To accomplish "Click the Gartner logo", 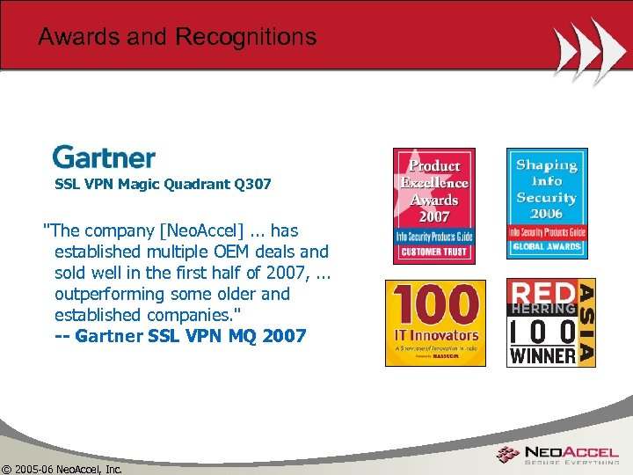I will click(104, 157).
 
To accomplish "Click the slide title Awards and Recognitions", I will click(177, 37).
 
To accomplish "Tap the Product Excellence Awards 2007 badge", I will click(433, 206).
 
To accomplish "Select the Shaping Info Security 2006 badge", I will click(546, 203).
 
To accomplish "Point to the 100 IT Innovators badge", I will click(434, 322).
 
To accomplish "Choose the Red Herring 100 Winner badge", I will click(550, 322).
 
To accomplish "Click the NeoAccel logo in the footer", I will click(557, 455).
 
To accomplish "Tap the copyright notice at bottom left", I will click(62, 468).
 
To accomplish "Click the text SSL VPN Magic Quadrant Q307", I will click(163, 185).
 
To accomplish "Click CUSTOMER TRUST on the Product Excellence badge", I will click(433, 252).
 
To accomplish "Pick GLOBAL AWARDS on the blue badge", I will click(546, 247).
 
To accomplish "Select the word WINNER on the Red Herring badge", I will click(542, 354).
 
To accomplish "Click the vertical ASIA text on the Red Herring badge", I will click(586, 322).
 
